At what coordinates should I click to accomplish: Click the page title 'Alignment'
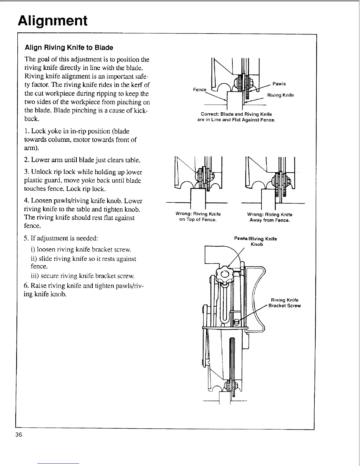coord(53,21)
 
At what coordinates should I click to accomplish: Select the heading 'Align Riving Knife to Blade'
coord(69,48)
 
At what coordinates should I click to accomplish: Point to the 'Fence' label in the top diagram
coord(200,90)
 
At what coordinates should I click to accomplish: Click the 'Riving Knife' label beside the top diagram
coord(280,95)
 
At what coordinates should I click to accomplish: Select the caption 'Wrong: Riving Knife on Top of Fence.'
coord(198,217)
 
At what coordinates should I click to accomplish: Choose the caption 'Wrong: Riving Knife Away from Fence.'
coord(270,217)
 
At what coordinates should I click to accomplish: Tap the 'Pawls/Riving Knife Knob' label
coord(255,242)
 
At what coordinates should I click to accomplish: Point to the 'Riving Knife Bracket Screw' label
coord(284,303)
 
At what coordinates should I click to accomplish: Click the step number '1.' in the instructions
coord(27,131)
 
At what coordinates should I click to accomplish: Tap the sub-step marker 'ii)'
coord(33,259)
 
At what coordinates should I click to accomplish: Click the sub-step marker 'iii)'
coord(34,276)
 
